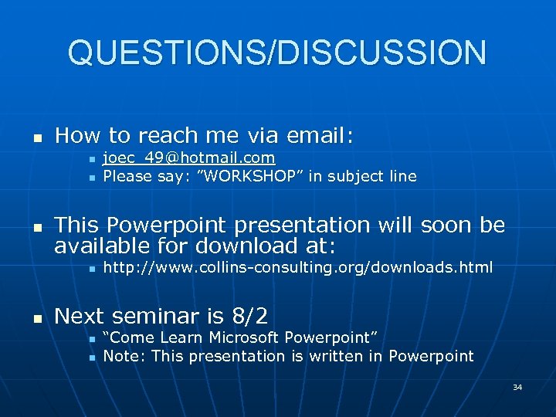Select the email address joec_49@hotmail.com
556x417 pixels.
tap(189, 158)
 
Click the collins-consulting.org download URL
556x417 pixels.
tap(297, 268)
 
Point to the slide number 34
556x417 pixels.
tap(517, 387)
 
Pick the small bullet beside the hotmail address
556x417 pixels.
tap(90, 159)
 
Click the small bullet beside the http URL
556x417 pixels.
tap(90, 269)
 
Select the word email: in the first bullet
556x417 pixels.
tap(320, 136)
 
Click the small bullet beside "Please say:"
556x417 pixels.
tap(90, 178)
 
